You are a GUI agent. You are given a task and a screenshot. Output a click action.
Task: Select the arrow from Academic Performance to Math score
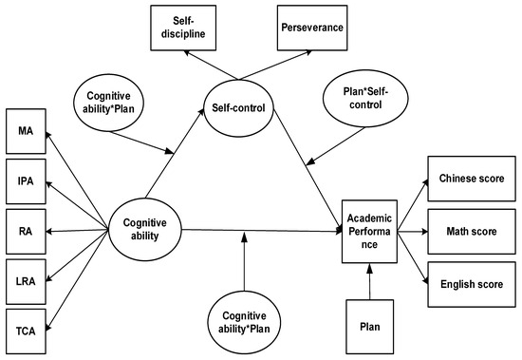pos(414,229)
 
